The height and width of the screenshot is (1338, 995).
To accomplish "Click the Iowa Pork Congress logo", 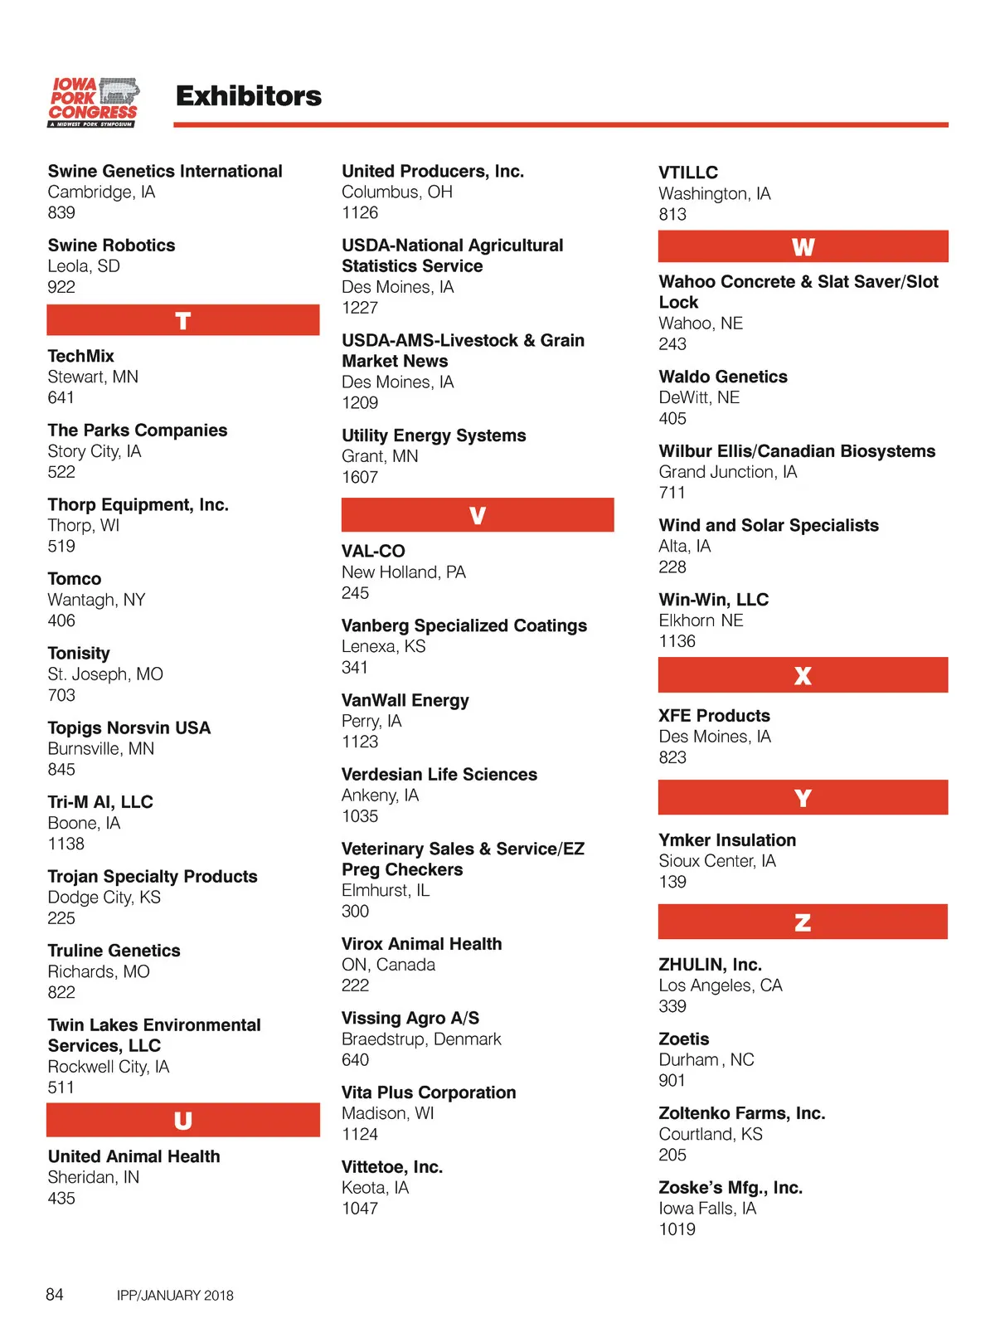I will coord(93,102).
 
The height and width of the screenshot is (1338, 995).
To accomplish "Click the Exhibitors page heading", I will coord(249,96).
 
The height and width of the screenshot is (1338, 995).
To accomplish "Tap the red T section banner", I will coord(183,320).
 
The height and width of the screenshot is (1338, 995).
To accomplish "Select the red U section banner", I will coord(183,1120).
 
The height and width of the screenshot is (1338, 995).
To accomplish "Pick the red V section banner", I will coord(478,515).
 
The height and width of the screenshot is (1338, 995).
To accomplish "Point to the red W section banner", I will coord(803,246).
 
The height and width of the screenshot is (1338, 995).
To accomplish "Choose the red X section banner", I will coord(803,675).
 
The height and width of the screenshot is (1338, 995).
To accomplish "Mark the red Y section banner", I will coord(803,797).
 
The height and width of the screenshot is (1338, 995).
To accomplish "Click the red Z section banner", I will coord(803,922).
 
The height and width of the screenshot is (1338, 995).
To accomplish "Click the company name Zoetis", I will coord(684,1039).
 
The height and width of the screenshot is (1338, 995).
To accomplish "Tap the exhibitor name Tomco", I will coord(75,579).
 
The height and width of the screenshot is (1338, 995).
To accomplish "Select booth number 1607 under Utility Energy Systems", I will coord(360,477).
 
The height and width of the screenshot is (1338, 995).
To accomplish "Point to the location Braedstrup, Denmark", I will coord(421,1039).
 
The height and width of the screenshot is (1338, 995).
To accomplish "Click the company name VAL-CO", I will coord(373,551).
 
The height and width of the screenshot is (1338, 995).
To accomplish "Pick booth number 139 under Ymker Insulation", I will coord(672,882).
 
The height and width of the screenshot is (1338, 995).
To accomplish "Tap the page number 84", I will coord(55,1294).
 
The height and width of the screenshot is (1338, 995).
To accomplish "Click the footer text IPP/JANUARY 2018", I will coord(175,1295).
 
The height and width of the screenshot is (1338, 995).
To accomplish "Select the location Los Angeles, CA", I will coord(721,985).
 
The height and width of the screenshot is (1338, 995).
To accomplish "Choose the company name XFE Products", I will coord(714,715).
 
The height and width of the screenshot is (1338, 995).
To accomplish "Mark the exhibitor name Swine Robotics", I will coord(111,246).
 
